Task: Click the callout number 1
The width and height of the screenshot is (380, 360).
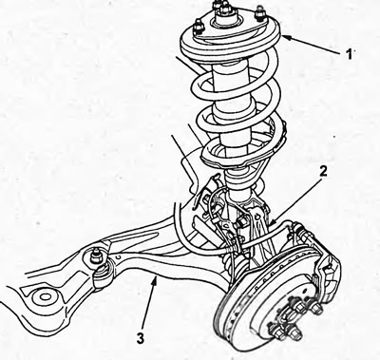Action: tap(349, 54)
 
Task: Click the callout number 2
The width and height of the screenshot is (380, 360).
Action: tap(323, 171)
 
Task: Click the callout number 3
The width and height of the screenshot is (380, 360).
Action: tap(141, 338)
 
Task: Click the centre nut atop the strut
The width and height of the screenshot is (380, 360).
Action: tap(224, 9)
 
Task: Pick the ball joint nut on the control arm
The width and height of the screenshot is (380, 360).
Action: tap(95, 256)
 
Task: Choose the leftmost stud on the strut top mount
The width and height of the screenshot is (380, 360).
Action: tap(198, 26)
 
